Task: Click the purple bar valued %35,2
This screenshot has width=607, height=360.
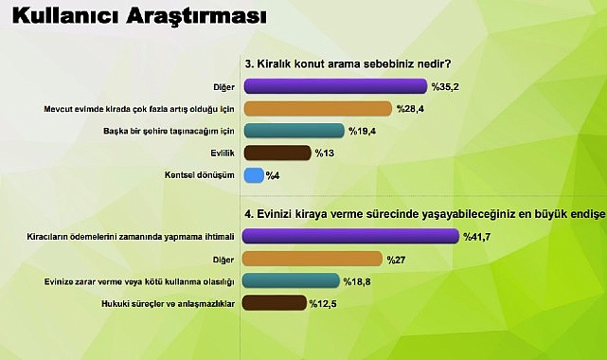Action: [321, 86]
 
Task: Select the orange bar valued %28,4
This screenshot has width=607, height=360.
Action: [317, 108]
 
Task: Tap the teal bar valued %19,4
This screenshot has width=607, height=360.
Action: [294, 130]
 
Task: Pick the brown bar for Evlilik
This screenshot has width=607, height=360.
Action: [277, 153]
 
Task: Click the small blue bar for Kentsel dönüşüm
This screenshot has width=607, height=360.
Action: [254, 174]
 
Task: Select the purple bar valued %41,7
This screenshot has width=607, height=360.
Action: [351, 236]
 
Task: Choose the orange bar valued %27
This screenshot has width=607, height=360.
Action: [312, 258]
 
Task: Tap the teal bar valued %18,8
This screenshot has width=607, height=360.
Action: [292, 279]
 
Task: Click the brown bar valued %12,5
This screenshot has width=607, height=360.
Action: [275, 302]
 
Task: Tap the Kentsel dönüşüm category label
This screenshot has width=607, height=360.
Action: [202, 174]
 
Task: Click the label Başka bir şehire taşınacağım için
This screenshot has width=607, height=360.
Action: [179, 130]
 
